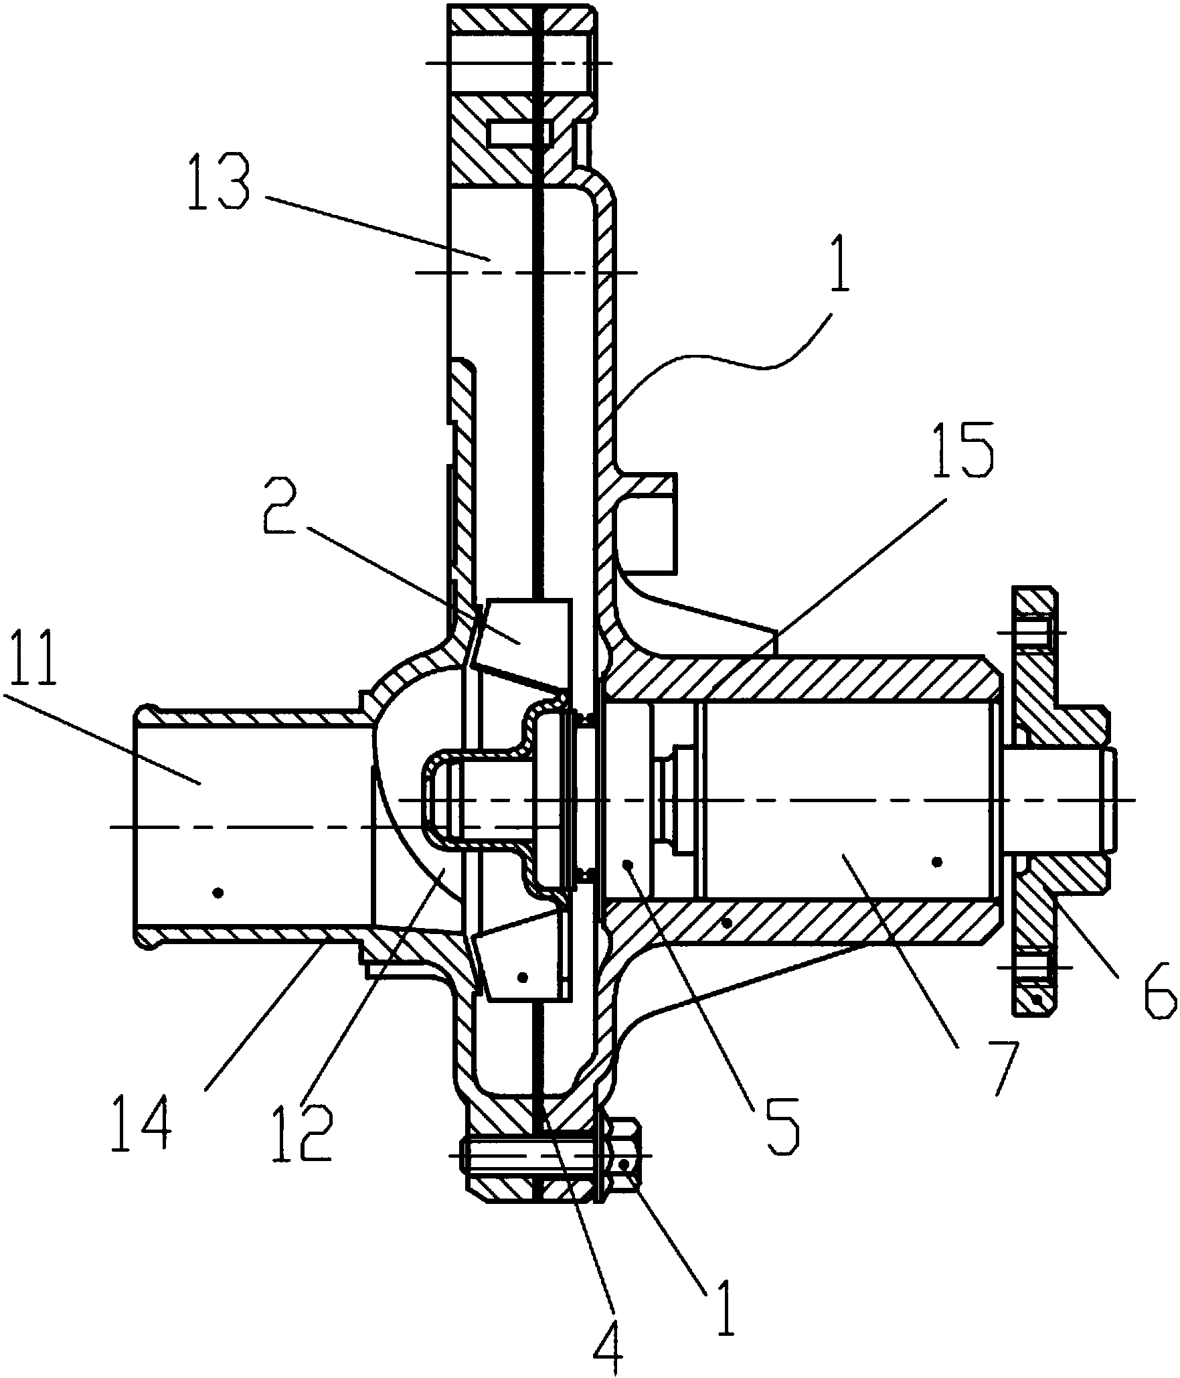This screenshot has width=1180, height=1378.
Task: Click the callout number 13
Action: (x=220, y=183)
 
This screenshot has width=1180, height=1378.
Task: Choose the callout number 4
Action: (x=609, y=1338)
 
